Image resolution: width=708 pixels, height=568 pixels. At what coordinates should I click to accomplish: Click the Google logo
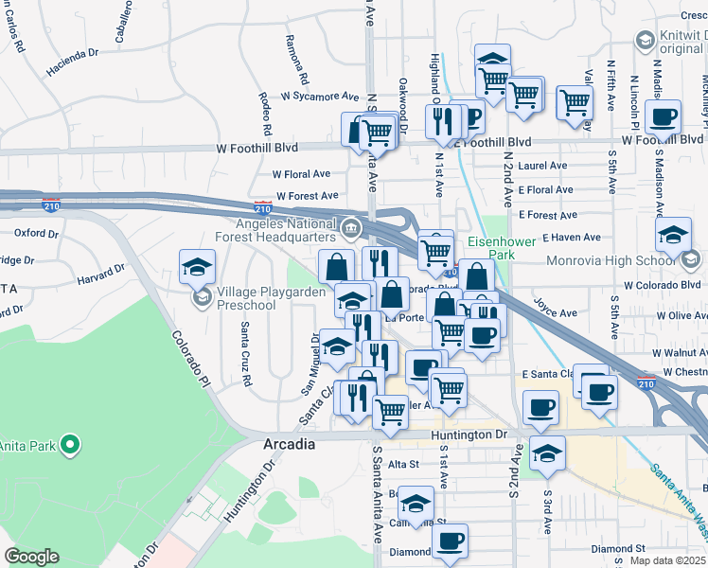[31, 557]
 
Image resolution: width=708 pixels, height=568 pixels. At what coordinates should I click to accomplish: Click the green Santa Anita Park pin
[69, 443]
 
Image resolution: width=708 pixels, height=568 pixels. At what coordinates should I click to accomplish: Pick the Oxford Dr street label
[36, 232]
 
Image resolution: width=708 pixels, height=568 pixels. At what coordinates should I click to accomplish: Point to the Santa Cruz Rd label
[245, 354]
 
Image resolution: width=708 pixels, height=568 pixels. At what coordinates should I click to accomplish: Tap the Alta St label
[402, 464]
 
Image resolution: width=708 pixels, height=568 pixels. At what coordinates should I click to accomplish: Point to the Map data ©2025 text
[666, 560]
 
